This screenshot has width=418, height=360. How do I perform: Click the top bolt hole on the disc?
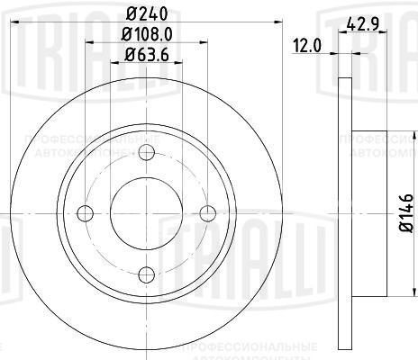point(148,152)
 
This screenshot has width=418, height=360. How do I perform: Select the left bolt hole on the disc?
point(86,213)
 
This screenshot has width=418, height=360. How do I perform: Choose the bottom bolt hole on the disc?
point(148,274)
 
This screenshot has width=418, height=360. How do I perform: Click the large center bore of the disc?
point(148,213)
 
